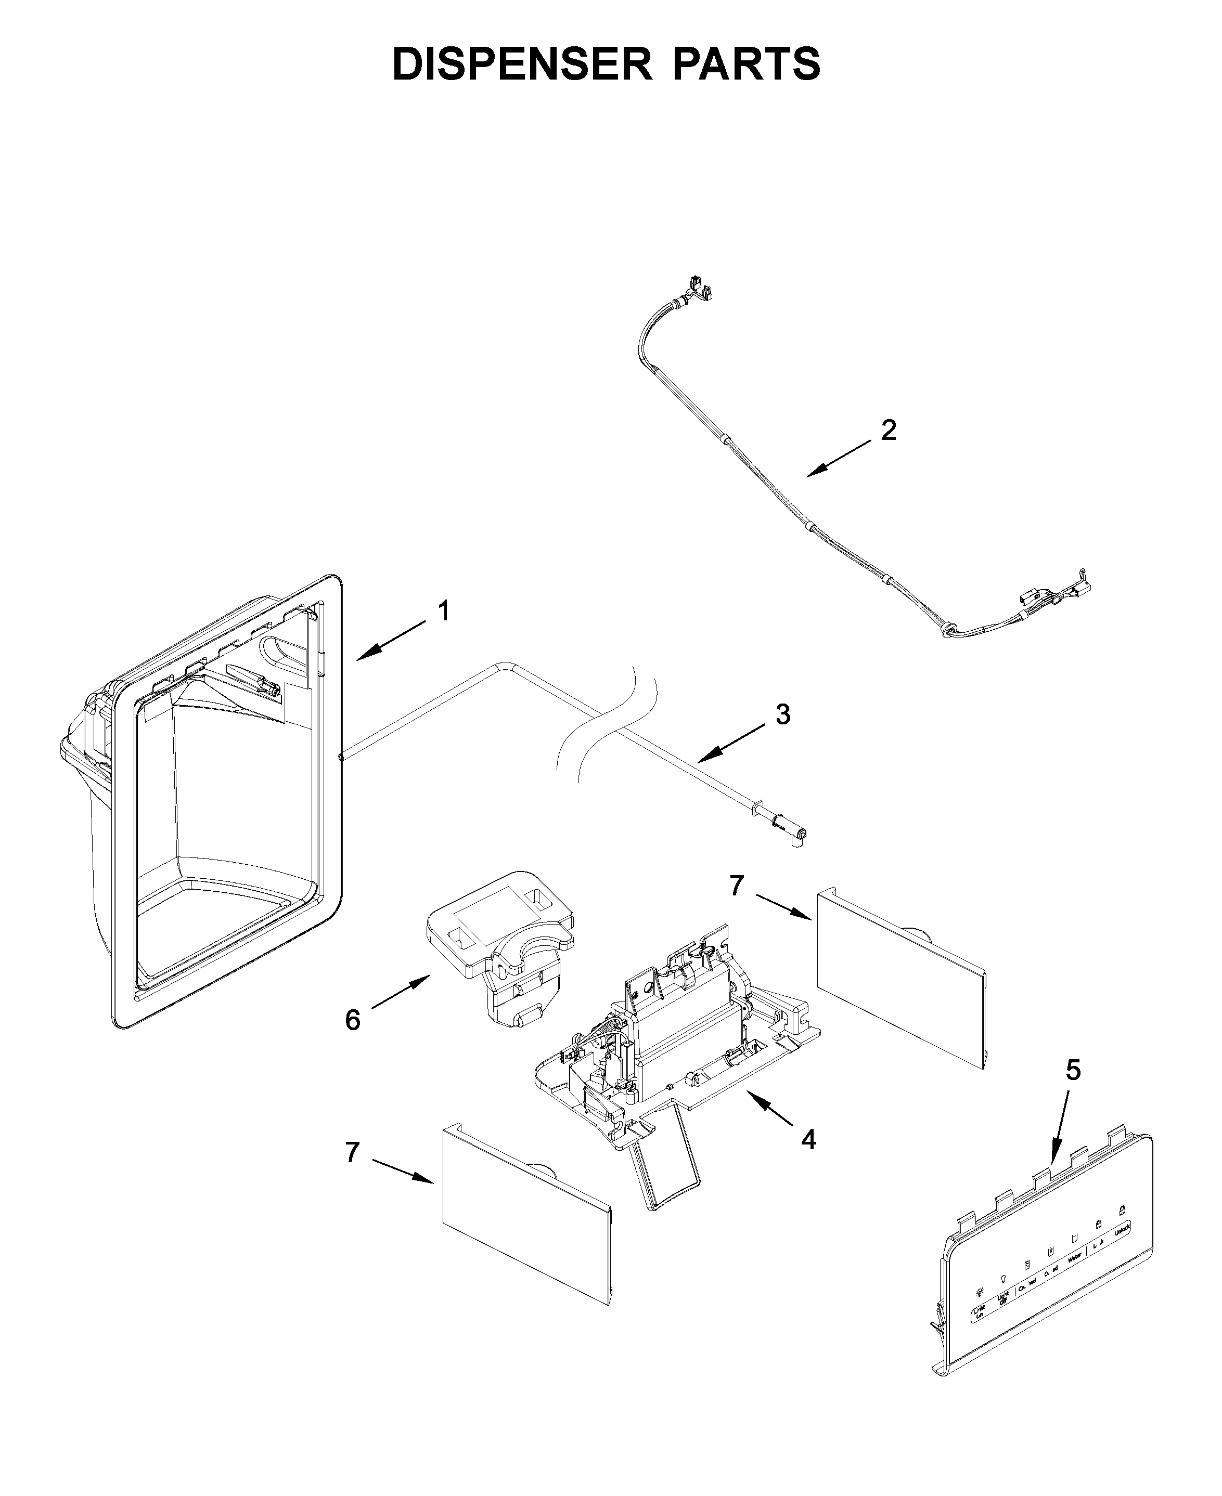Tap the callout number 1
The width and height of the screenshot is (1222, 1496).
coord(443,611)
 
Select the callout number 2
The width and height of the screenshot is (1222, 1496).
coord(889,430)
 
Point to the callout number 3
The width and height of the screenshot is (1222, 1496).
coord(783,714)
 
